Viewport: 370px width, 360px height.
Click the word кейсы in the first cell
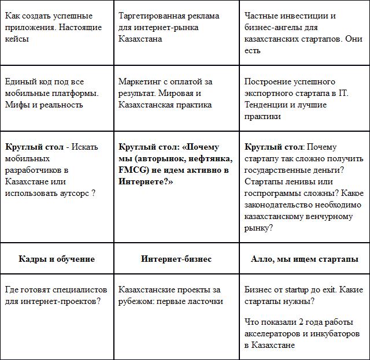(16, 39)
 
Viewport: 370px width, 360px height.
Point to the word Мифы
(17, 105)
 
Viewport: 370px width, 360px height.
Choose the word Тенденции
(267, 105)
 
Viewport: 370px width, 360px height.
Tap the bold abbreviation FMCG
(132, 170)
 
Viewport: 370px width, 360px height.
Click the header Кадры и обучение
(57, 259)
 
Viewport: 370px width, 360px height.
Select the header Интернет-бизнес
(176, 259)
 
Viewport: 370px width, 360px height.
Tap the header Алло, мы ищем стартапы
(305, 259)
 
